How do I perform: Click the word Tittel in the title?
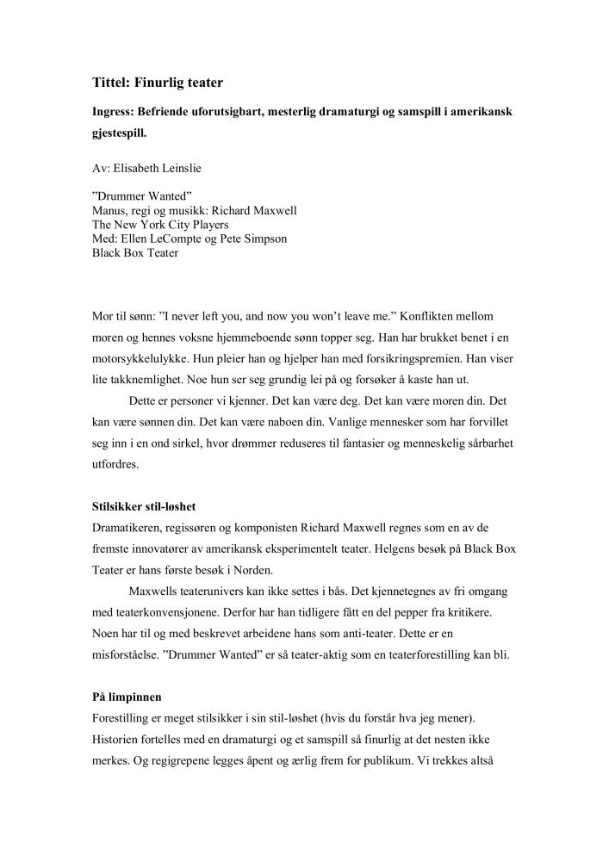(x=112, y=83)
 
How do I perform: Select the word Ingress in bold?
(x=116, y=113)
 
